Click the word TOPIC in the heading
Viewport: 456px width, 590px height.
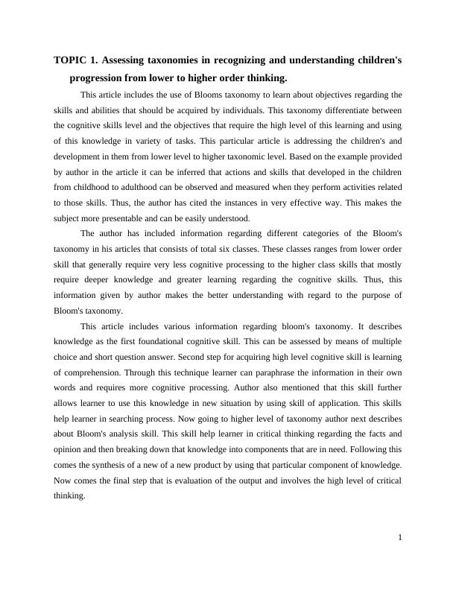[x=70, y=61]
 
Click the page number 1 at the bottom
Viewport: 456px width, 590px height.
[x=400, y=538]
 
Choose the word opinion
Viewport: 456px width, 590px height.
[x=71, y=450]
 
